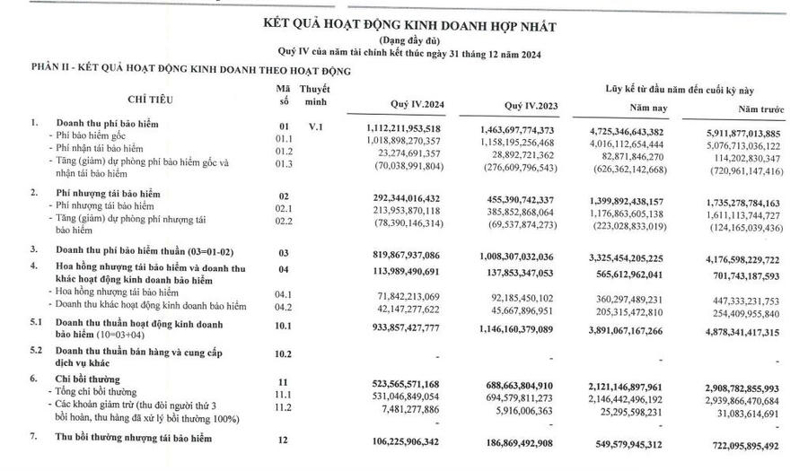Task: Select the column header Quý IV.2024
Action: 411,103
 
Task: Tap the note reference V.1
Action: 314,127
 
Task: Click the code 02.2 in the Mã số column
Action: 284,220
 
